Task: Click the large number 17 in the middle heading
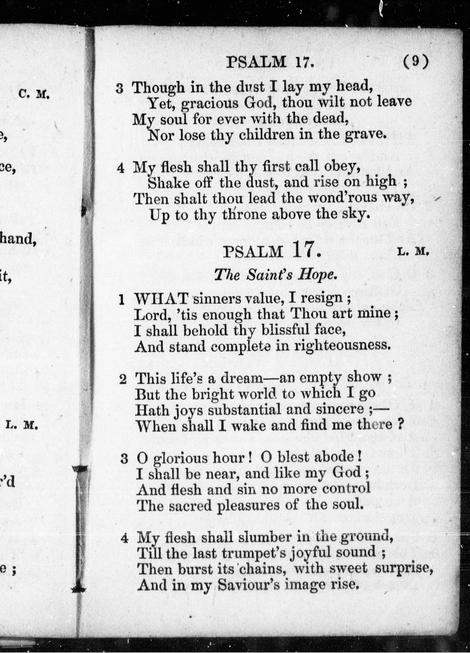tap(305, 251)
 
